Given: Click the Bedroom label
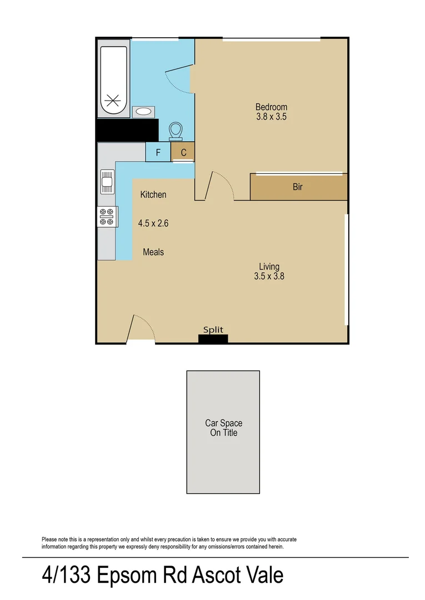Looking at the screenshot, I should click(271, 107).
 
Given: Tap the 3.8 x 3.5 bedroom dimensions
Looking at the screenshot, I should click(271, 117).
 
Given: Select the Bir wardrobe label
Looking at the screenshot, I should click(298, 187).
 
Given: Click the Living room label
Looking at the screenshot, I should click(269, 266).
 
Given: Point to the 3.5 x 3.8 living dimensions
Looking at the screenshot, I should click(269, 276).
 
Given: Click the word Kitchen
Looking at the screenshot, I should click(153, 194).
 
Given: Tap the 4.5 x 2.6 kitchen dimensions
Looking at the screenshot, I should click(153, 223).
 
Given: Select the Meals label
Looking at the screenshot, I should click(153, 252).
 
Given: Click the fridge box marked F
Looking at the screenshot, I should click(158, 152).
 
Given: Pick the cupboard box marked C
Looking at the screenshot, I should click(183, 151).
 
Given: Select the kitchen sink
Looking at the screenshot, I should click(107, 182).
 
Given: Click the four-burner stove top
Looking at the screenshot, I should click(107, 217).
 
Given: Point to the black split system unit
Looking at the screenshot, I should click(213, 338).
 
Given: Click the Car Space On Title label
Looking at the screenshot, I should click(223, 428).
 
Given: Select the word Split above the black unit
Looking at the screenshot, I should click(213, 329).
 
